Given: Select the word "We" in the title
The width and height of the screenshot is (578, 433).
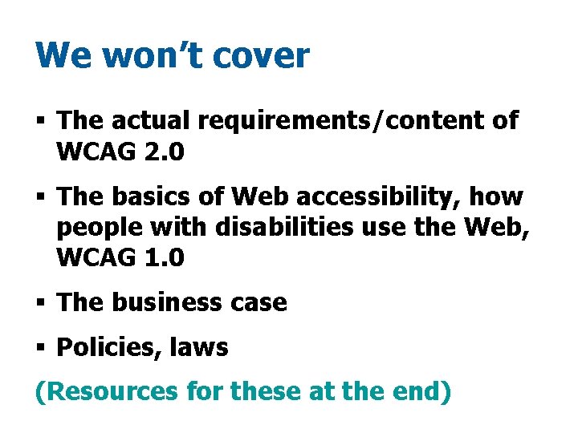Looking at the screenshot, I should tap(59, 56).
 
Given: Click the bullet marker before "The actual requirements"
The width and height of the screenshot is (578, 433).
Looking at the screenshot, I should tap(41, 122).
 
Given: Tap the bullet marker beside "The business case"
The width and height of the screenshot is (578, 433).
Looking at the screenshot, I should tap(41, 302).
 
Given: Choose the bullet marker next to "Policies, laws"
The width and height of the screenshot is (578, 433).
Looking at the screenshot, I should tap(41, 348).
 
